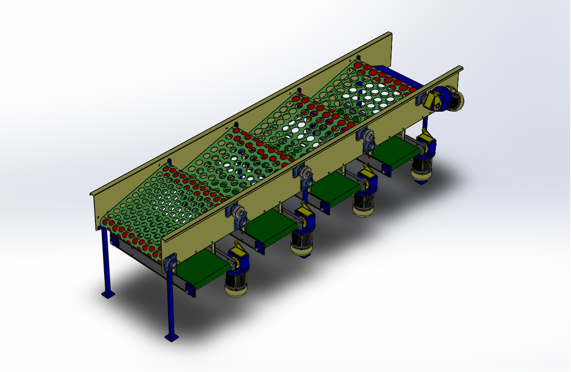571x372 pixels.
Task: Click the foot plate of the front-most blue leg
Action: [x=171, y=338]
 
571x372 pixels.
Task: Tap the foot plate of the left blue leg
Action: [x=108, y=294]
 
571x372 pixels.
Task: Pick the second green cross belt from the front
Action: [x=271, y=229]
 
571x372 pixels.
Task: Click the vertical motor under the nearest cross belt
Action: [x=236, y=282]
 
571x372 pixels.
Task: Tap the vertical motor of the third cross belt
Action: [x=363, y=202]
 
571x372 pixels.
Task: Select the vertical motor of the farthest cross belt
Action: [x=424, y=166]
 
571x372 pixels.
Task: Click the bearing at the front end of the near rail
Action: [x=171, y=262]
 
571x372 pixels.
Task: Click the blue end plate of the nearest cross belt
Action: [x=190, y=289]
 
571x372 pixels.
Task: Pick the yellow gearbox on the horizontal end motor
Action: [x=430, y=100]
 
